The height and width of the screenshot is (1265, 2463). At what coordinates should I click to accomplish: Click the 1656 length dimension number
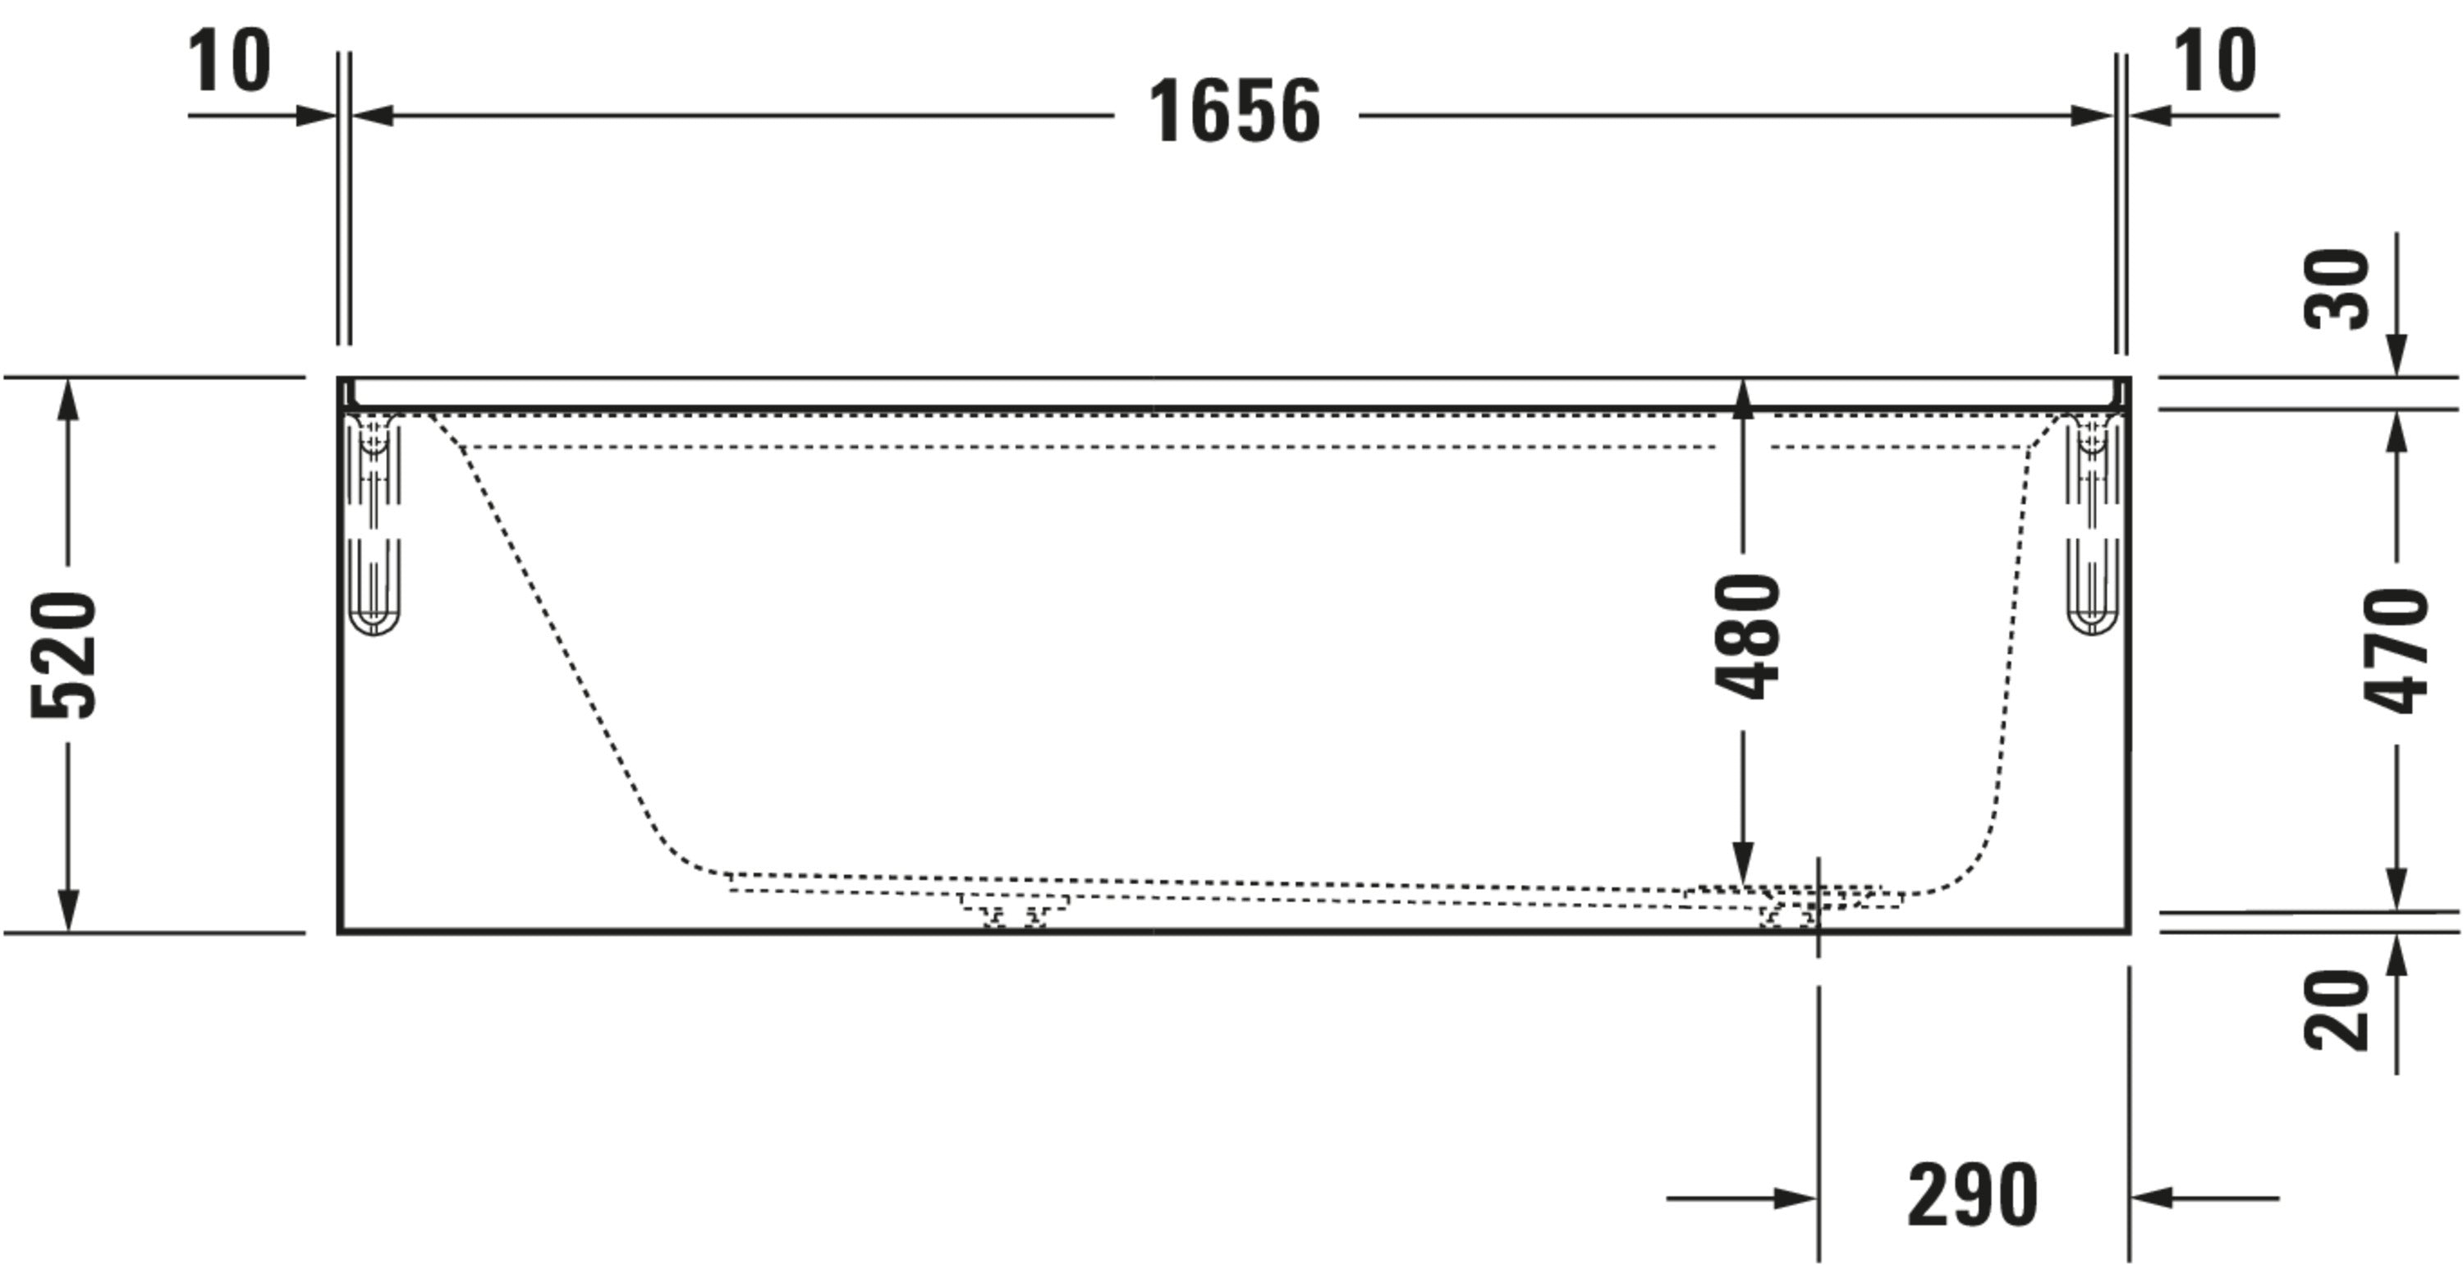tap(1234, 112)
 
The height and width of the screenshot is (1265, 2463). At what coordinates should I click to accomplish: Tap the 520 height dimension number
tap(64, 655)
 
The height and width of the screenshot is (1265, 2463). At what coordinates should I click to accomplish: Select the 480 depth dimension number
tap(1747, 636)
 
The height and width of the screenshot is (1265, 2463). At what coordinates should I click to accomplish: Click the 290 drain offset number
tap(1973, 1194)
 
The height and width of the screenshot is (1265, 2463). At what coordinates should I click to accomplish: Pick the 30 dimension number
tap(2336, 290)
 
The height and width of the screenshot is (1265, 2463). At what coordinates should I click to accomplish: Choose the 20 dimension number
tap(2336, 1011)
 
